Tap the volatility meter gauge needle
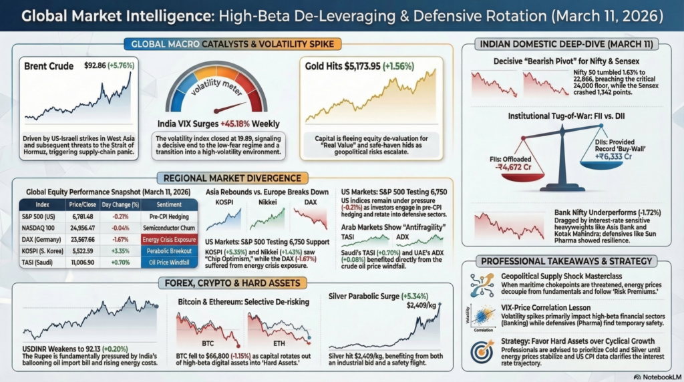point(223,106)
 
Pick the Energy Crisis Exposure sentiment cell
point(168,238)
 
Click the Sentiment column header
point(168,204)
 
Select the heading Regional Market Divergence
point(230,179)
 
